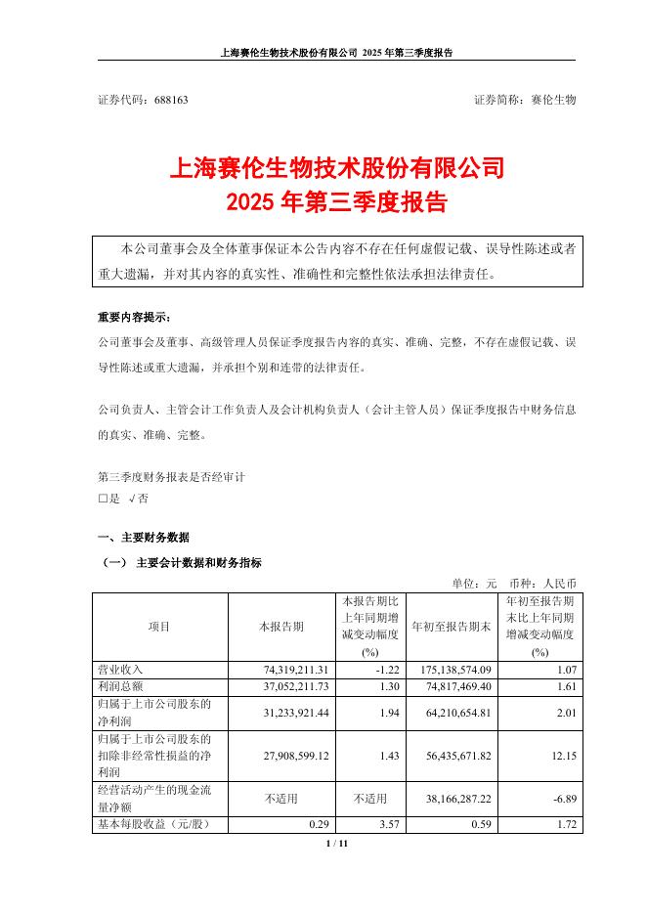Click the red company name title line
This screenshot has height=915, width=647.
tap(337, 168)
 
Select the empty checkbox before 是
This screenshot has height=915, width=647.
tap(103, 499)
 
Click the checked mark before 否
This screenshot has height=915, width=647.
tap(130, 499)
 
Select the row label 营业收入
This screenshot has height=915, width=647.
tap(121, 670)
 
